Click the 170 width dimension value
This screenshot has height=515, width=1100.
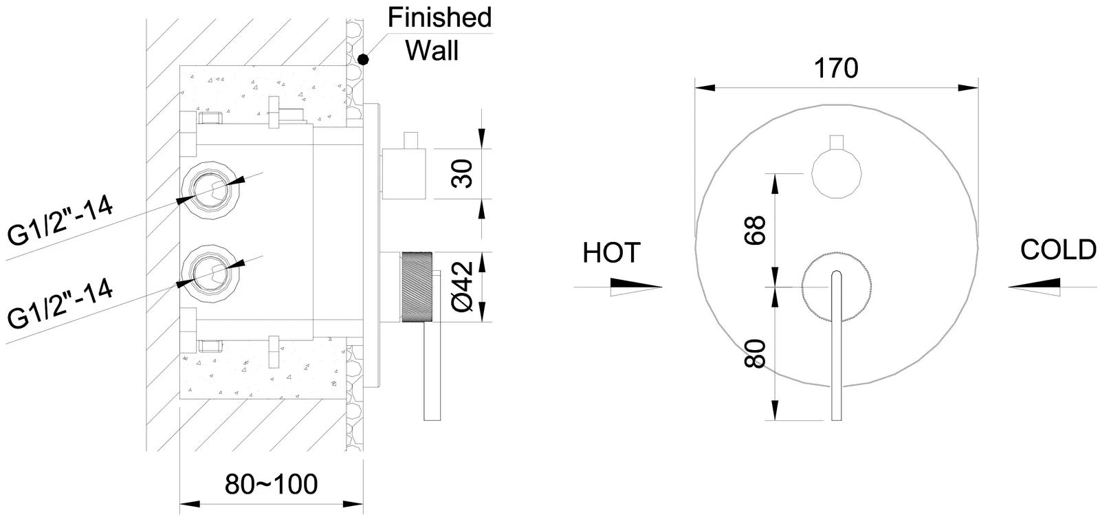[x=835, y=68]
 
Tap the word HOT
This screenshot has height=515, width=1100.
[x=611, y=252]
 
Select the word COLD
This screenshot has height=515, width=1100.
[x=1058, y=250]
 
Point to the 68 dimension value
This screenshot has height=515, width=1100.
[x=754, y=230]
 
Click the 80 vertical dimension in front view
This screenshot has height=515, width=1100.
[x=756, y=353]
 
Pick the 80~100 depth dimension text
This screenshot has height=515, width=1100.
[x=272, y=484]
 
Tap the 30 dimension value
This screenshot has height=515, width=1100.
[x=462, y=173]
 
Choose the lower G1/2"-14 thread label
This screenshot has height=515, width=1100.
[x=60, y=305]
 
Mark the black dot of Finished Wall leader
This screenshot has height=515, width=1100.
[x=363, y=60]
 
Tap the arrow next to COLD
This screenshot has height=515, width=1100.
[x=1035, y=285]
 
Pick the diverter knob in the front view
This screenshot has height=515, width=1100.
[x=836, y=172]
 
